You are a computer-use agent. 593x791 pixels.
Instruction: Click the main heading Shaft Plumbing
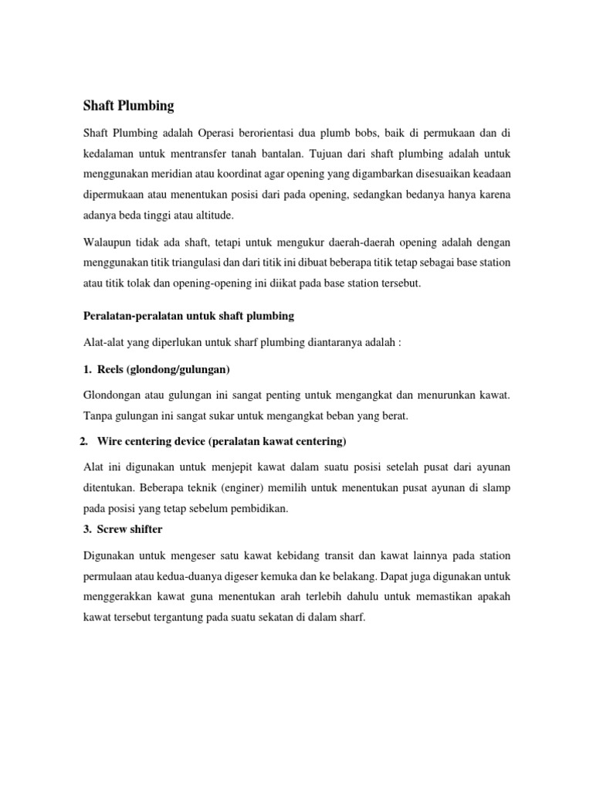[x=129, y=105]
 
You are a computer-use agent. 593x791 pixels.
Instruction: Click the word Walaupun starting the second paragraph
[x=107, y=243]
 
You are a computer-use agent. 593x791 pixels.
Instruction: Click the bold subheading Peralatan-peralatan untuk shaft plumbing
[x=188, y=315]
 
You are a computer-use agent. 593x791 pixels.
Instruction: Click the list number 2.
[x=84, y=441]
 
